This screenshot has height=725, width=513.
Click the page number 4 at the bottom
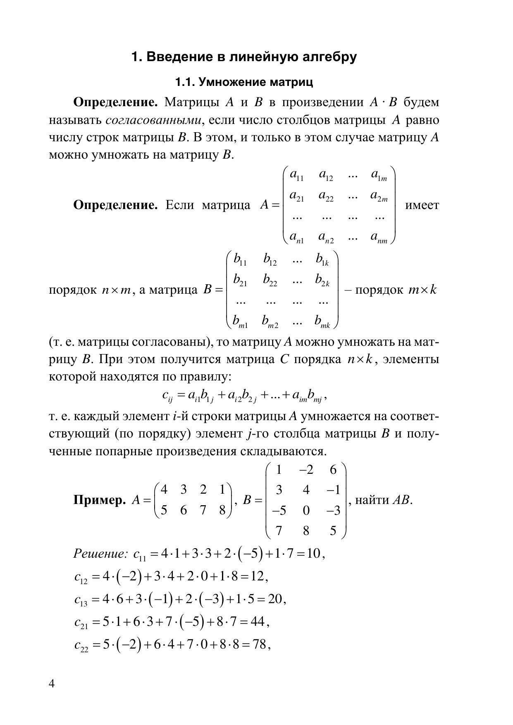point(52,684)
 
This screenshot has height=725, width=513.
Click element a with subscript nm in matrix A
point(379,237)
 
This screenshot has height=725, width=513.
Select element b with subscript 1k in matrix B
point(322,259)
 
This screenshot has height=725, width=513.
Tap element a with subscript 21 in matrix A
point(296,196)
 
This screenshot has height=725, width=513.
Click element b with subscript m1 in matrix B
point(240,321)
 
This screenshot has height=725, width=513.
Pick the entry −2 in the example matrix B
point(306,470)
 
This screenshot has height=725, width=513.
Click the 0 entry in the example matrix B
point(306,511)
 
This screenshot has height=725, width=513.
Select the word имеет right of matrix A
point(422,205)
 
